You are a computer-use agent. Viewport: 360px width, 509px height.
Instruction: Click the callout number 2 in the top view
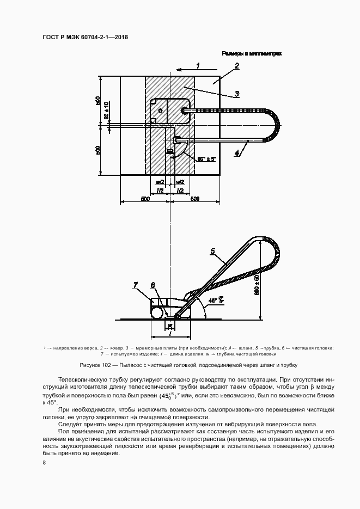(237, 66)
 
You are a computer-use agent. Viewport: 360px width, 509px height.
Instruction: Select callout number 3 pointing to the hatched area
(237, 93)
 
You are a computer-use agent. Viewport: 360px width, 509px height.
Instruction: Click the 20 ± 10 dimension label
(107, 110)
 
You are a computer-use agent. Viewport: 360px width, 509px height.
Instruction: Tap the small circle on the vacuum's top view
(160, 111)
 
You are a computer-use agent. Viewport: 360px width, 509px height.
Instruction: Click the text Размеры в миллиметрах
(251, 54)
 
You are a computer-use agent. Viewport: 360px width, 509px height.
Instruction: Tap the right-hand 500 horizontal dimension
(195, 199)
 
